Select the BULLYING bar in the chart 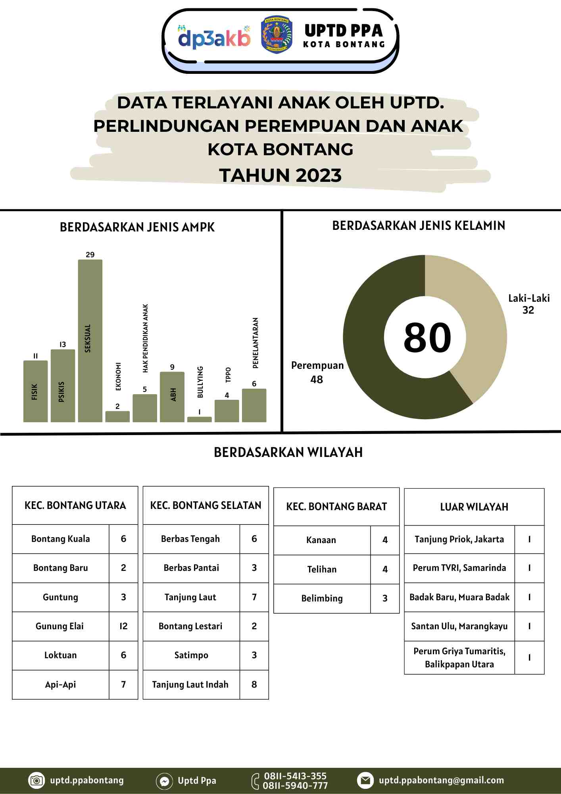tap(199, 419)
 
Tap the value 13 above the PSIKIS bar tap(63, 345)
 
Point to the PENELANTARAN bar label tap(256, 343)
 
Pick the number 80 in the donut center tap(427, 337)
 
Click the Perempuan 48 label tap(317, 372)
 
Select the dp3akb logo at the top tap(214, 38)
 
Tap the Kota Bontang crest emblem tap(277, 35)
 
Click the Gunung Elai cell tap(60, 626)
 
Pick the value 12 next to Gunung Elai tap(123, 626)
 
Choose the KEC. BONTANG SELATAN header tap(206, 505)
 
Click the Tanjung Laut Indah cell tap(190, 684)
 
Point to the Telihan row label tap(322, 569)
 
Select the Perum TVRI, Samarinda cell tap(459, 568)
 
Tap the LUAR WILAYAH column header tap(474, 507)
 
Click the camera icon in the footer tap(36, 781)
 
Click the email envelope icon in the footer tap(365, 781)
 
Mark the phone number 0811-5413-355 tap(295, 776)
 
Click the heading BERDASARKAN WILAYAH tap(288, 453)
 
